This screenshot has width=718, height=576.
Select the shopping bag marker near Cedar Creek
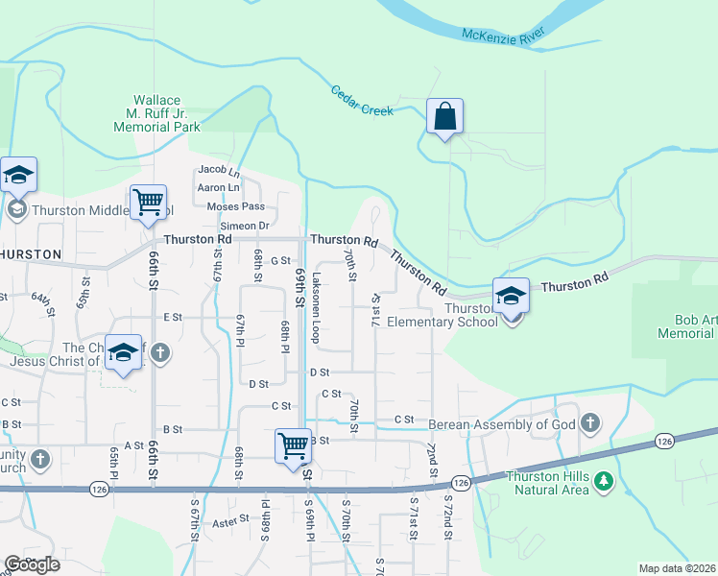445,117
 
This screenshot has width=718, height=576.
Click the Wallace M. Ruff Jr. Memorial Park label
157,113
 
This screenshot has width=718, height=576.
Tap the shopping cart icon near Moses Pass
149,203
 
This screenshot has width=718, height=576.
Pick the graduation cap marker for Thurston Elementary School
512,296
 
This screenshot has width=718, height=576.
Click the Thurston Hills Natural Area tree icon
603,480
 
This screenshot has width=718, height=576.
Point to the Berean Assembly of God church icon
589,420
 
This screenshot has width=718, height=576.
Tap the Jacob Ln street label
218,170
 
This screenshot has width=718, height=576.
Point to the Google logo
32,564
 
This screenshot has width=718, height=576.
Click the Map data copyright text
678,568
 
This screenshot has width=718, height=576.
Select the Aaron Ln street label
218,187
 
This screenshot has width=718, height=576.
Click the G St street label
280,260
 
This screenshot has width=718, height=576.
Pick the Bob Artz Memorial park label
686,325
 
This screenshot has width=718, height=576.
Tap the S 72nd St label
447,516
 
